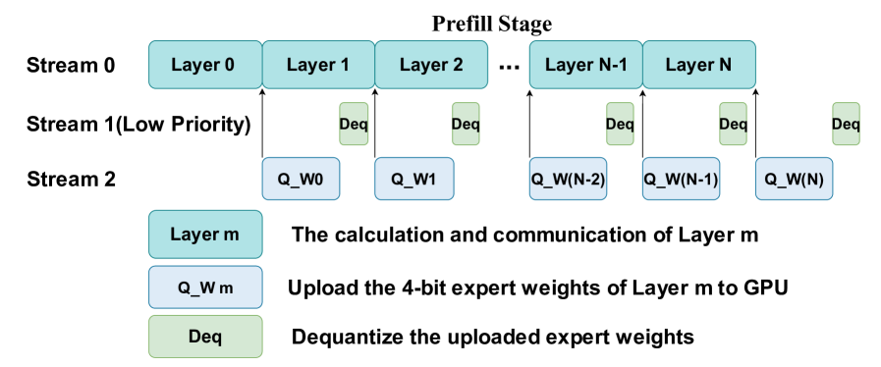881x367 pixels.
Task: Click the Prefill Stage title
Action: [x=492, y=25]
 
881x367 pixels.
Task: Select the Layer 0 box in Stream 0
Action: [x=205, y=65]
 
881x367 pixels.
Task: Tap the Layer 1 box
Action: [x=318, y=65]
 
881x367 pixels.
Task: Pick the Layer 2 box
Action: [x=431, y=65]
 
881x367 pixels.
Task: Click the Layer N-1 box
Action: [x=586, y=65]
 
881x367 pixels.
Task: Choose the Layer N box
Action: [x=699, y=65]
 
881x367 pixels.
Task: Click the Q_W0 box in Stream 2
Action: [x=302, y=179]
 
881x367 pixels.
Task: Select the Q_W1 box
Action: [x=414, y=179]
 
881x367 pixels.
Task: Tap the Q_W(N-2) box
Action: [x=569, y=179]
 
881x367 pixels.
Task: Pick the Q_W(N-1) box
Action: [x=682, y=179]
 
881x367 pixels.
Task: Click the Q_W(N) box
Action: [x=795, y=179]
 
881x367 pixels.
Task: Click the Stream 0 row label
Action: [x=71, y=65]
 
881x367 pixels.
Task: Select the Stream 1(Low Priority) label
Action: [x=138, y=124]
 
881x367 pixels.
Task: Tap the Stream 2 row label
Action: [x=71, y=180]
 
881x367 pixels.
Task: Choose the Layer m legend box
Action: [x=205, y=234]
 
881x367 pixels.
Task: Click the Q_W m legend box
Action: [x=205, y=287]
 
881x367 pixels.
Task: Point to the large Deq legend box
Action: [x=205, y=337]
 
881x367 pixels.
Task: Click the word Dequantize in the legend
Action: [x=342, y=338]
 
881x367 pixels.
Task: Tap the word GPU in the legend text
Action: [x=769, y=288]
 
